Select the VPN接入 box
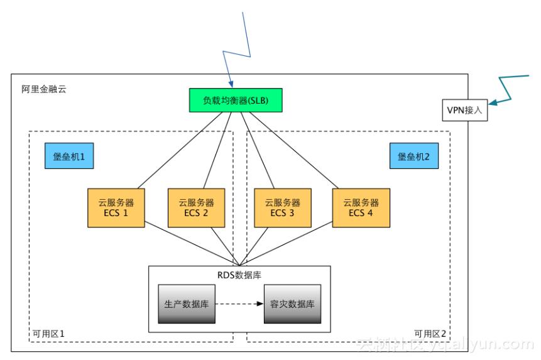pos(466,110)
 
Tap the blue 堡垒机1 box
pos(69,156)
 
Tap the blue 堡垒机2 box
pos(414,156)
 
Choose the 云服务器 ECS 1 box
pos(116,207)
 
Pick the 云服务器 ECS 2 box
pos(196,207)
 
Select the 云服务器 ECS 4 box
pos(361,207)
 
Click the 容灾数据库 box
pos(292,303)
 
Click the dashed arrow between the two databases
pos(239,303)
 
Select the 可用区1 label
pos(48,332)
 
